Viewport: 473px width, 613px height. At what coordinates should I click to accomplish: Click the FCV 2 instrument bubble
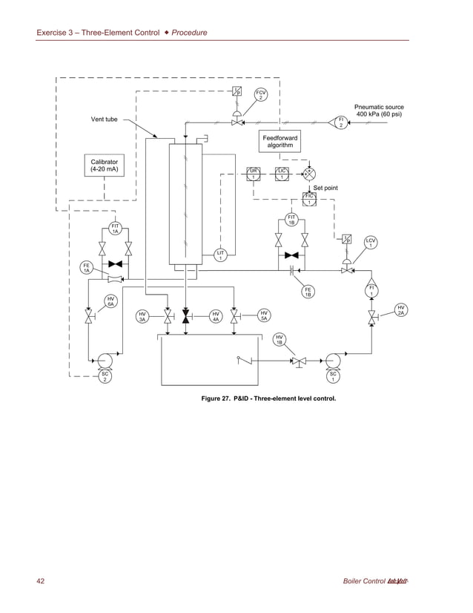tap(260, 94)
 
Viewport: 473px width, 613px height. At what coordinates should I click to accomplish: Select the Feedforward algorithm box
tap(280, 141)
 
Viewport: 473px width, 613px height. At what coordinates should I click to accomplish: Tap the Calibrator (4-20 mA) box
tap(104, 165)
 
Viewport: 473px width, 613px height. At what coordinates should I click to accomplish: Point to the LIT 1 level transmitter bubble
tap(220, 255)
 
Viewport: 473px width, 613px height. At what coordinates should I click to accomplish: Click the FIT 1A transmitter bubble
tap(115, 229)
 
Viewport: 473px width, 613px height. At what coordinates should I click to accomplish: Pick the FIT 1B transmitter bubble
tap(291, 220)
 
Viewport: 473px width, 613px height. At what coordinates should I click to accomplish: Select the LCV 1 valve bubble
tap(371, 243)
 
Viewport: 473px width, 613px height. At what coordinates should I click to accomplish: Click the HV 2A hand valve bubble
tap(400, 310)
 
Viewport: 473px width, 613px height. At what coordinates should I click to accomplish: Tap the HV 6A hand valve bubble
tap(109, 301)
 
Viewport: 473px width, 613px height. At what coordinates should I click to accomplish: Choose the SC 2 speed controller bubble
tap(105, 377)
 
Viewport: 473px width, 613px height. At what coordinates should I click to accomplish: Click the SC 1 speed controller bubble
tap(333, 377)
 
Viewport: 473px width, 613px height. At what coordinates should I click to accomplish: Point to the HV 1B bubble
tap(279, 339)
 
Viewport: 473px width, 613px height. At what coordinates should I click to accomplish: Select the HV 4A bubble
tap(214, 317)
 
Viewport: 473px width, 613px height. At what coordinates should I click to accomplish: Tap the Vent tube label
tap(104, 119)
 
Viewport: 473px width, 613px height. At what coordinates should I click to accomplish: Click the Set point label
tap(325, 189)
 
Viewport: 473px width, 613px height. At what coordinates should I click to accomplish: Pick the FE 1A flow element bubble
tap(87, 268)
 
